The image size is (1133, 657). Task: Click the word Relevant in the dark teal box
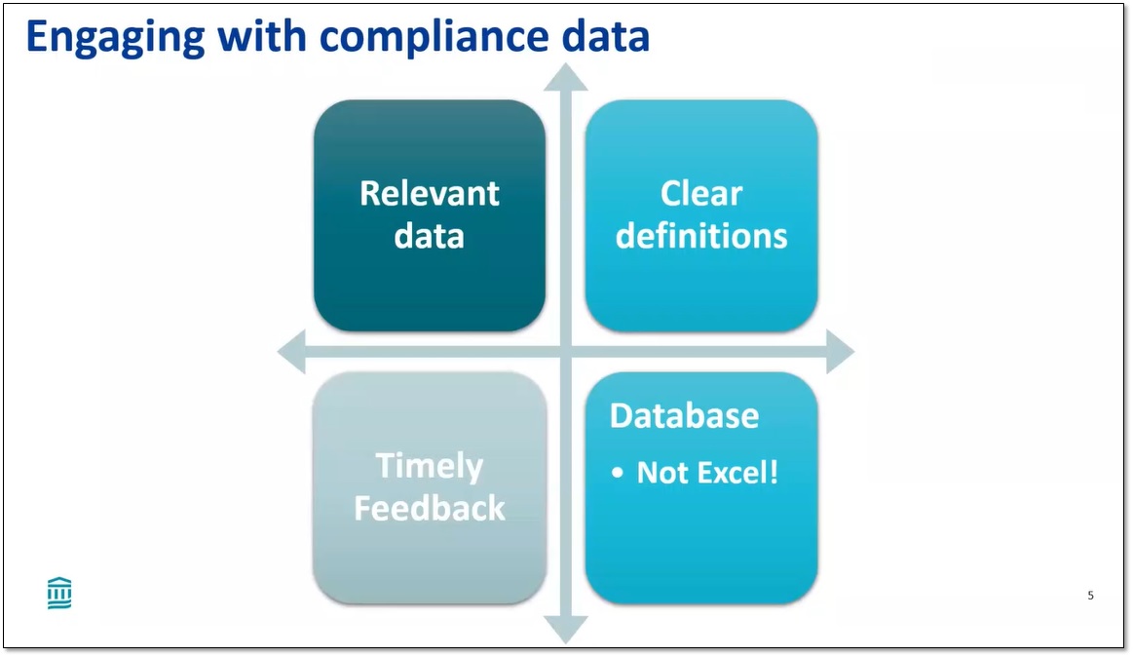(x=429, y=193)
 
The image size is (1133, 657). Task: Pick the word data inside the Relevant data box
(x=429, y=235)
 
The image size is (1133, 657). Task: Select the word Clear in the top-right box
(x=700, y=193)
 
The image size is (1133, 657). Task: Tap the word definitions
(x=700, y=235)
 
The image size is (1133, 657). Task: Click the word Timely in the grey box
(x=429, y=466)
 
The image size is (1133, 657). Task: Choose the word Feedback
(x=429, y=508)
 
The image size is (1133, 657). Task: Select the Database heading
(x=684, y=415)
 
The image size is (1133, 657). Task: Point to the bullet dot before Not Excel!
(x=618, y=474)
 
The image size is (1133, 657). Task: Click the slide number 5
(x=1090, y=595)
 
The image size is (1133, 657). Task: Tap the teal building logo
(x=59, y=593)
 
